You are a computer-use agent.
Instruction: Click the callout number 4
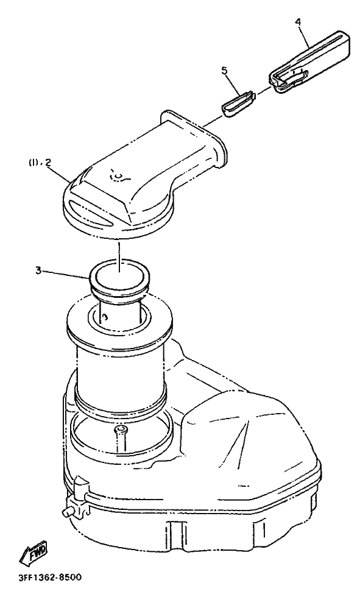tap(298, 21)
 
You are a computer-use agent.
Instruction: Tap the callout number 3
tap(38, 270)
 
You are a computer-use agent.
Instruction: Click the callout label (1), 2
tap(40, 163)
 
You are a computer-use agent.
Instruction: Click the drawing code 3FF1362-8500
tap(49, 578)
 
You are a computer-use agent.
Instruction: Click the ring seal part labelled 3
tap(119, 278)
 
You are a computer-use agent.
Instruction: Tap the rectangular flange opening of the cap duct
tap(195, 138)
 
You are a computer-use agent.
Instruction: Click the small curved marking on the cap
tap(118, 175)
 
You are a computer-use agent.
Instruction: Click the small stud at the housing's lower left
tap(66, 512)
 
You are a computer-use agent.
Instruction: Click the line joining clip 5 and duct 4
tap(264, 91)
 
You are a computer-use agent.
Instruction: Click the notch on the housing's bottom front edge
tap(174, 528)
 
